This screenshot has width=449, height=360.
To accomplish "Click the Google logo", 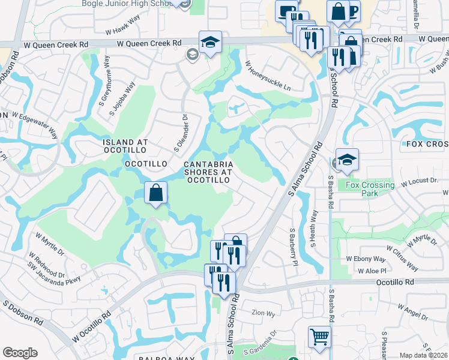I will point(20,353).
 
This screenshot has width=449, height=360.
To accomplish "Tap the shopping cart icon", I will point(319,337).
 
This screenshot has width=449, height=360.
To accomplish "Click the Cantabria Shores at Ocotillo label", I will point(208,172).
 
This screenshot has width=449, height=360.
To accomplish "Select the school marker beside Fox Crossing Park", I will point(347,160).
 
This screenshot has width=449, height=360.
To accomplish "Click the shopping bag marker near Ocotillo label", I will point(155,193).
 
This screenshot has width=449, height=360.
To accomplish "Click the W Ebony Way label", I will point(366,259).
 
